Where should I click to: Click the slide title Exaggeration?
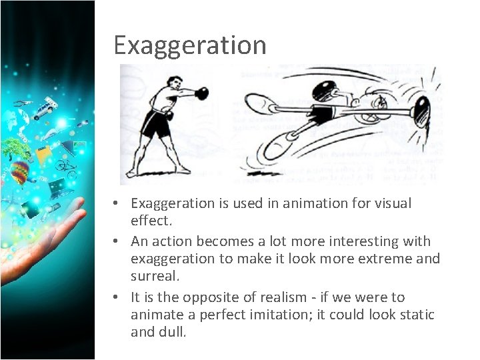[190, 45]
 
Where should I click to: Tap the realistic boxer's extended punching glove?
[199, 93]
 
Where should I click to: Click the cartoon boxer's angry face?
[381, 104]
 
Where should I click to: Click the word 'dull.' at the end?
[171, 332]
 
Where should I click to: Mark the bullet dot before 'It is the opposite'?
[116, 297]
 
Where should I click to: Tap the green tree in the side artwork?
[11, 148]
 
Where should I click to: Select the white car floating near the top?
[46, 107]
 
